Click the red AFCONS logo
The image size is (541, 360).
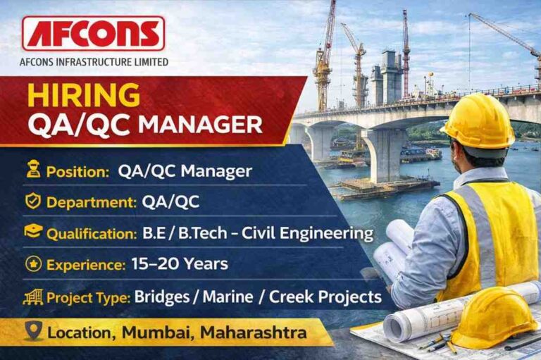93,34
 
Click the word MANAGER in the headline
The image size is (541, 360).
200,125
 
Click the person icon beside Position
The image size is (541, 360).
32,170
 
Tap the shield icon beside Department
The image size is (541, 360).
32,201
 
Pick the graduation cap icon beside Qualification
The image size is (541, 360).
32,232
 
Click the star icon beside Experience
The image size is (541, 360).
32,265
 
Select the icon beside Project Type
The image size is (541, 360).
32,297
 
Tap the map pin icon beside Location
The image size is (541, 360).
33,330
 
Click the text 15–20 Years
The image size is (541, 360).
180,264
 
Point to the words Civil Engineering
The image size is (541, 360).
318,232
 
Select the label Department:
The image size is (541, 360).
91,202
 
